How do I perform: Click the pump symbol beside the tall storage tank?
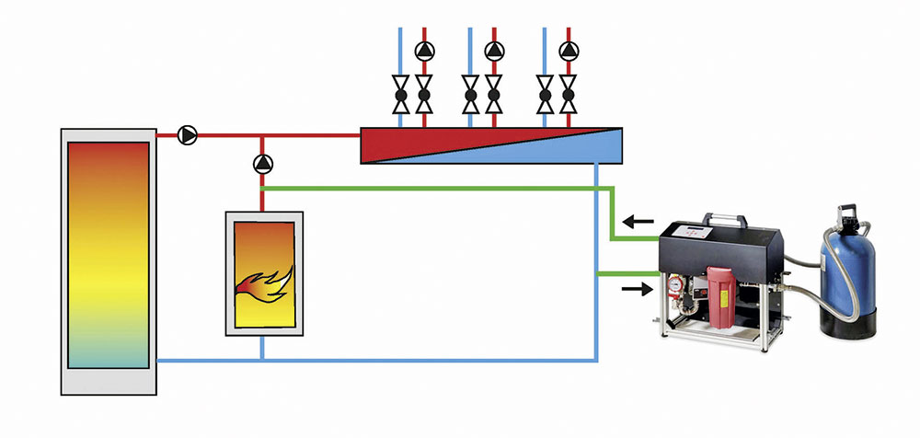187,136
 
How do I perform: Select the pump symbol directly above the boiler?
262,165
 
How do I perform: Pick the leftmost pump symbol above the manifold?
423,51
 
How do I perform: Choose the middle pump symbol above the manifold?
494,51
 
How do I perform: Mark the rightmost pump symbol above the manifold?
569,51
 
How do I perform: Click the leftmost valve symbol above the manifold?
401,95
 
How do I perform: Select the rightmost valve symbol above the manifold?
569,95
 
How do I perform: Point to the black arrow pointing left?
638,222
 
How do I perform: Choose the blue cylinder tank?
846,258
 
